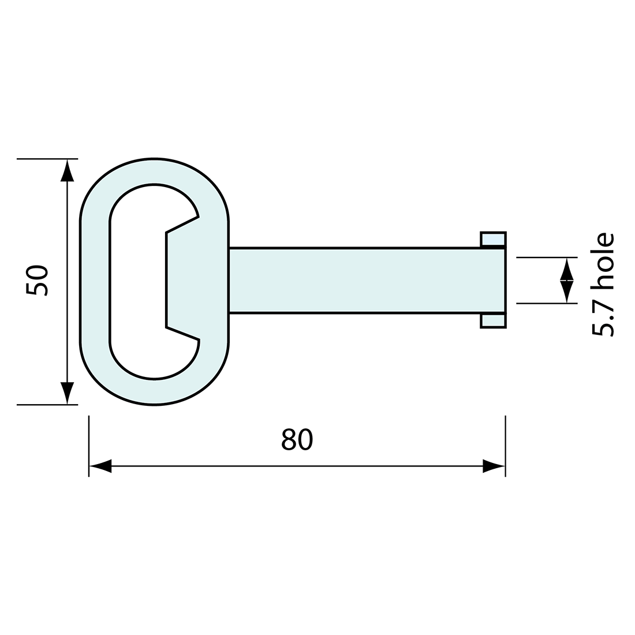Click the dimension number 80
(297, 440)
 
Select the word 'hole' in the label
(602, 261)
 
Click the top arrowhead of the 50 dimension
(68, 171)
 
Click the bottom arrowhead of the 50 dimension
(68, 393)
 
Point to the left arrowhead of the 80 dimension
(101, 466)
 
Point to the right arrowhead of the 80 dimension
(493, 466)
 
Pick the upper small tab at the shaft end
(493, 239)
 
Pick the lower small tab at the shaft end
(493, 321)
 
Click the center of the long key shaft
(367, 281)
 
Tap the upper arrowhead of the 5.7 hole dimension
(567, 269)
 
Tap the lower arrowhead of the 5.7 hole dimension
(567, 292)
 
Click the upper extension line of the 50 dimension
(46, 159)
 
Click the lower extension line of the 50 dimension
(46, 405)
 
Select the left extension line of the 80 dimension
(89, 444)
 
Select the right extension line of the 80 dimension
(506, 444)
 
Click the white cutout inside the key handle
(137, 281)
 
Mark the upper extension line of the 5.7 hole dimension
(546, 257)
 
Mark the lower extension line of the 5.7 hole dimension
(546, 303)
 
